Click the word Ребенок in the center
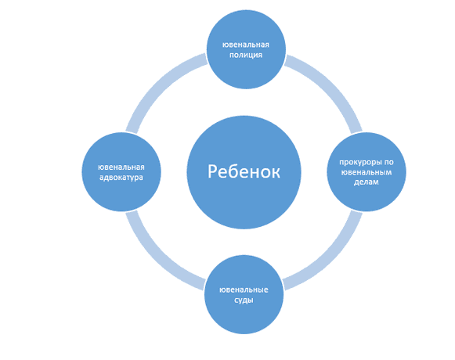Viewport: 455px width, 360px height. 244,171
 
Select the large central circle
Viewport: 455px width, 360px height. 244,172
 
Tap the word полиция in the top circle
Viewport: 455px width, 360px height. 246,55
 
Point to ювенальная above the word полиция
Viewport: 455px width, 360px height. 246,45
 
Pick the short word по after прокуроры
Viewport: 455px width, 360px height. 388,162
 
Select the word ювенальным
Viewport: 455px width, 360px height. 367,172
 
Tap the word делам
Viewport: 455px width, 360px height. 367,182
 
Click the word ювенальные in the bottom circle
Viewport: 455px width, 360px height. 244,290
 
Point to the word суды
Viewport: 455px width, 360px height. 244,301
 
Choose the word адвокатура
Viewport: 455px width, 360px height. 121,178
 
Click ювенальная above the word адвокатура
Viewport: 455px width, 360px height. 121,167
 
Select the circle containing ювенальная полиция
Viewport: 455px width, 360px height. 246,49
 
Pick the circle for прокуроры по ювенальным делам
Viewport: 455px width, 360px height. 367,172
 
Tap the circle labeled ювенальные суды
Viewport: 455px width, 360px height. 244,295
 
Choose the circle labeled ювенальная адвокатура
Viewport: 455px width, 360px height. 121,172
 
